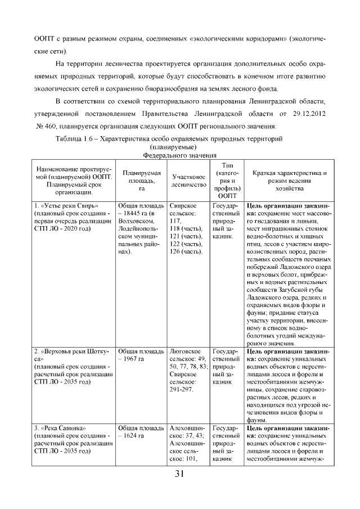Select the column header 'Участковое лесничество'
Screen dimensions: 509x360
(x=187, y=179)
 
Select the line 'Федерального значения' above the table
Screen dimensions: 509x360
(x=180, y=155)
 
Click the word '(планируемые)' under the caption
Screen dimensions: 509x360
(x=180, y=146)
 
